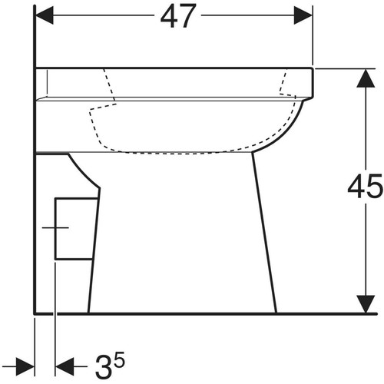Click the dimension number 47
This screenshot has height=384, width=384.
[178, 16]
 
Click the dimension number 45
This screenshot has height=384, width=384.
[365, 186]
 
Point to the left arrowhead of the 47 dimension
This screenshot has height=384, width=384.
[45, 15]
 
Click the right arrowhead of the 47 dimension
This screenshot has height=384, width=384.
[303, 15]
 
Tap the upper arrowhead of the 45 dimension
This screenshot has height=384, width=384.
[366, 78]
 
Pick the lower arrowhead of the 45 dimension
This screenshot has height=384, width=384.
[366, 304]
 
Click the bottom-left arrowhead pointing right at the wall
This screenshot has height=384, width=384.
[25, 366]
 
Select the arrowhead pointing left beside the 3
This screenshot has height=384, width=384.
[65, 366]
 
